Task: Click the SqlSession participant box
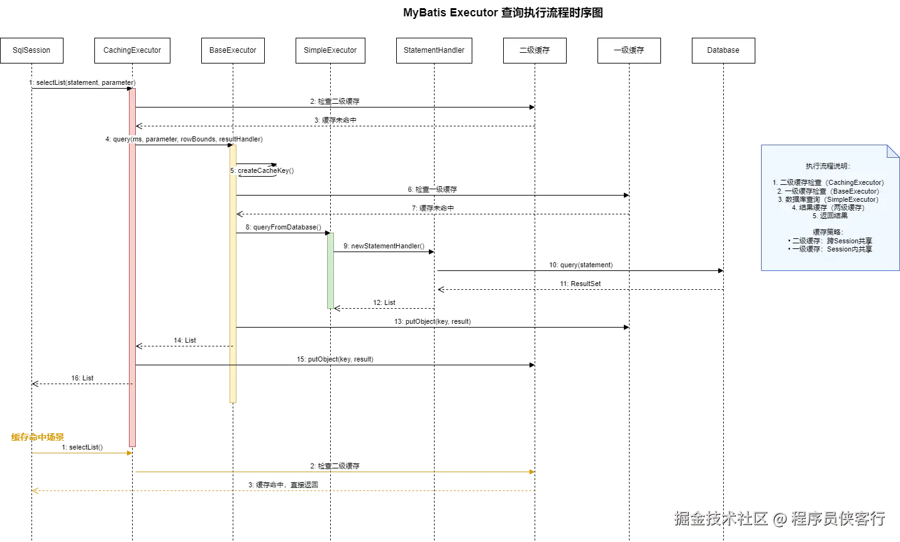tap(31, 50)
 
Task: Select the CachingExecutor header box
tap(132, 50)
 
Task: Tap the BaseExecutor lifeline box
tap(233, 50)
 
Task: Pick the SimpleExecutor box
tap(330, 50)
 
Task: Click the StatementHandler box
tap(434, 50)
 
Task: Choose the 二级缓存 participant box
tap(535, 50)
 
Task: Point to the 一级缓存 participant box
tap(629, 50)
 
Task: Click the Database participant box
tap(723, 50)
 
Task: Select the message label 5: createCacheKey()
tap(263, 170)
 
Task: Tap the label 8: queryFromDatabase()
tap(282, 227)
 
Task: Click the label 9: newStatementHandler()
tap(384, 246)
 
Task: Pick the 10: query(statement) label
tap(581, 265)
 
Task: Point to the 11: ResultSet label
tap(581, 284)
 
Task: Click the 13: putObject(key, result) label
tap(432, 321)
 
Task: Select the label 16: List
tap(82, 378)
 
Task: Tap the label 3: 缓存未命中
tap(335, 120)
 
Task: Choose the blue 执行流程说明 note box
tap(829, 207)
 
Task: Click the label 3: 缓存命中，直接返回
tap(284, 485)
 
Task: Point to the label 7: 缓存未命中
tap(433, 208)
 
